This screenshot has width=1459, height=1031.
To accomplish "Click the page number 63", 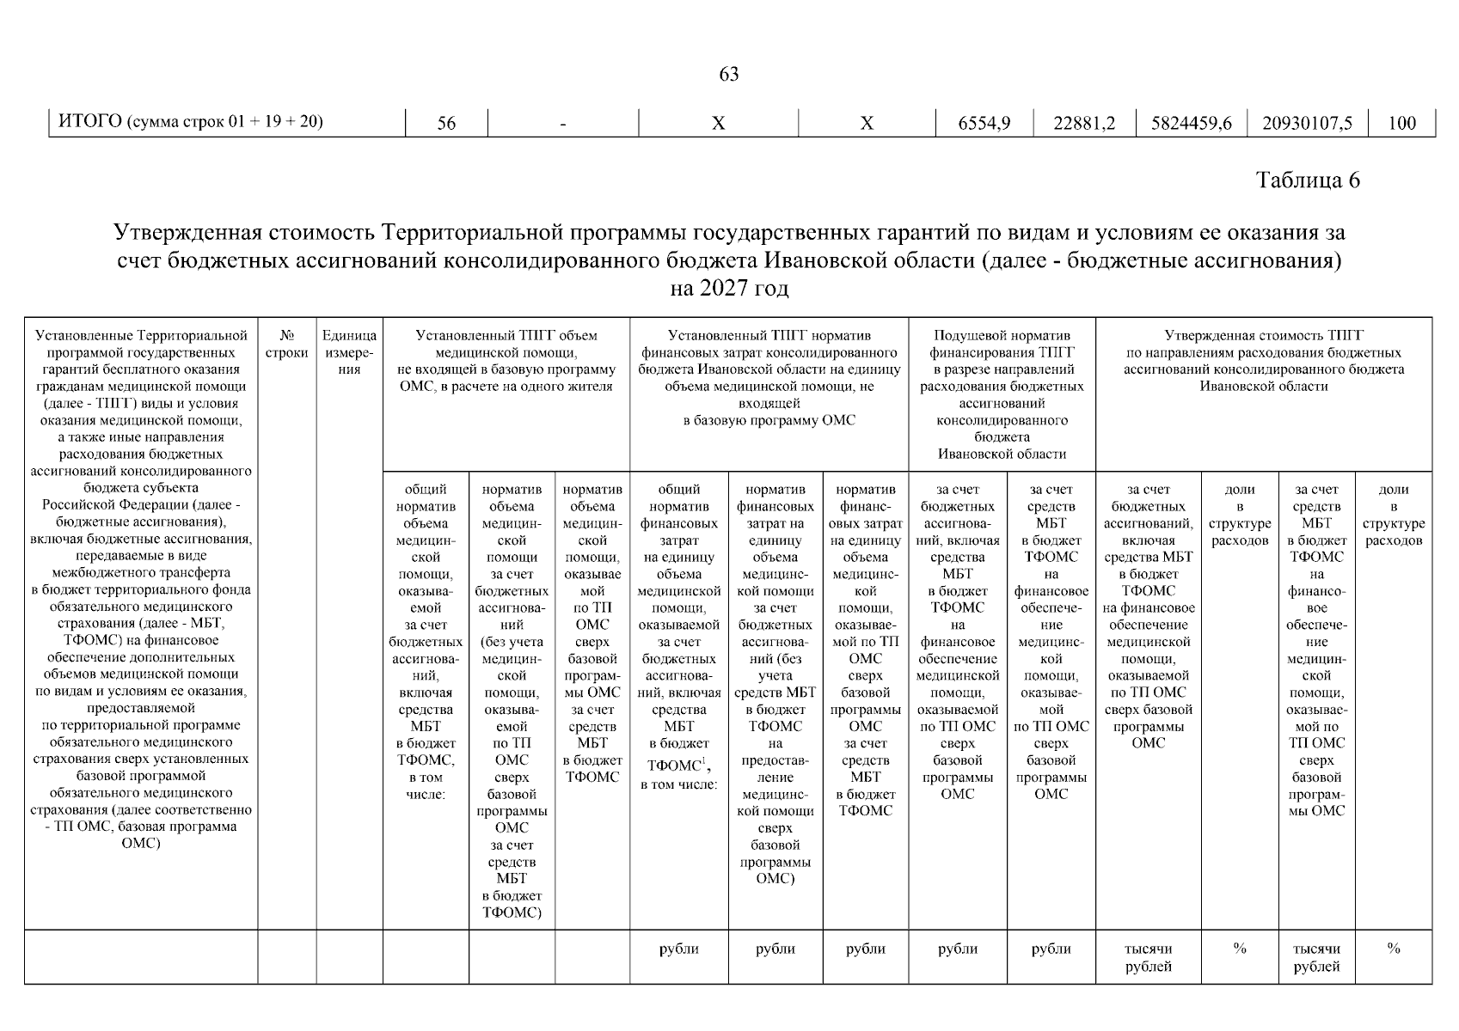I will point(728,75).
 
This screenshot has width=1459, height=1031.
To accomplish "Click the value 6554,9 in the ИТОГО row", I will point(984,123).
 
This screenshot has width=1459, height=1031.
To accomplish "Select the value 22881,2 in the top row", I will point(1084,123).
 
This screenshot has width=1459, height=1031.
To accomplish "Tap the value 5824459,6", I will point(1190,123).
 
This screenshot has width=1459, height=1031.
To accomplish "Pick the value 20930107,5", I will point(1307,123).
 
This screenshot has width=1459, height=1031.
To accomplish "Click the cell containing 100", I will point(1401,123).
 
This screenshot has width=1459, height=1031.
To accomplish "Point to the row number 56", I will point(446,123).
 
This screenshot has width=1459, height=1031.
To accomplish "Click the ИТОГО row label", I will point(190,121).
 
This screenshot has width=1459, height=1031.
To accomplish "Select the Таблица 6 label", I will point(1308,180).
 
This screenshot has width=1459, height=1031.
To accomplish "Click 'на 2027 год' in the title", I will point(728,288).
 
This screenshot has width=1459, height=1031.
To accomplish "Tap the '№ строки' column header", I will point(287,344).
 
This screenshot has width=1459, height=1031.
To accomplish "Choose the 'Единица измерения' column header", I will point(349,352).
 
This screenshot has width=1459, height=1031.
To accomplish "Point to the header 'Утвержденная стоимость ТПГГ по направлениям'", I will point(1264,360).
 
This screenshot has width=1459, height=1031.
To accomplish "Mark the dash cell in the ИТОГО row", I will point(562,124).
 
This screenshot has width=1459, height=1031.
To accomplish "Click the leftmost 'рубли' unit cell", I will point(679,949).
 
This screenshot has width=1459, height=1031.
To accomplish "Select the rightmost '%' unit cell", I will point(1393,949).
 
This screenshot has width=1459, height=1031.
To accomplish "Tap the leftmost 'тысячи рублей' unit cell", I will point(1148,957).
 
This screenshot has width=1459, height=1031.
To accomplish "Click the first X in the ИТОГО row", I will point(718,124).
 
